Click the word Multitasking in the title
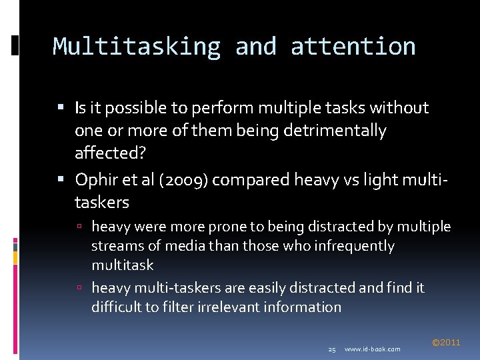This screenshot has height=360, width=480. coord(137,47)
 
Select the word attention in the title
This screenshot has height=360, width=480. coord(353,47)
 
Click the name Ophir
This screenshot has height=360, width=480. coord(95,179)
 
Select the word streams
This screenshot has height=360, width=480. coord(115,246)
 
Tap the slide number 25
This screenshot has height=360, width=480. coord(332,349)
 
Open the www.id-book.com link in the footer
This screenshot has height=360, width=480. coord(373,349)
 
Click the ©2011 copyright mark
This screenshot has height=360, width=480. coord(446,343)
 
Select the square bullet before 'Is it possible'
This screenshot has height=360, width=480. coord(61,107)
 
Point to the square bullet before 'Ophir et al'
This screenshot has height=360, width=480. coord(61,179)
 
